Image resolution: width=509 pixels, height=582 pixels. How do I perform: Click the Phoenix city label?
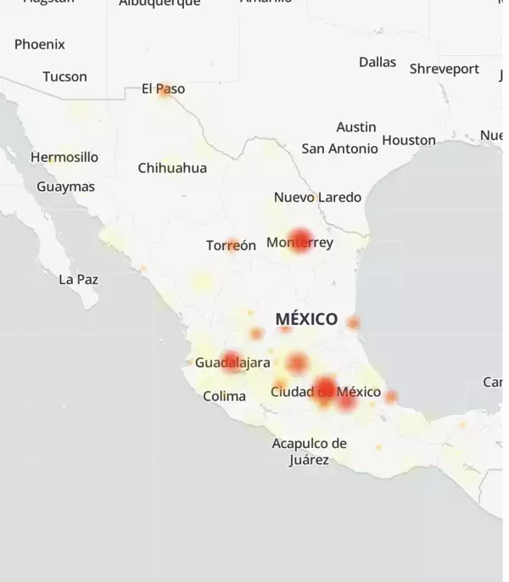[39, 44]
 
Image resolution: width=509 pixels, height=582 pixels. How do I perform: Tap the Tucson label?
[64, 76]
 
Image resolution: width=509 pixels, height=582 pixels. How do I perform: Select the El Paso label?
[164, 89]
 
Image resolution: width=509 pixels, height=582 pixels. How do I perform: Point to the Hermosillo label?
[64, 157]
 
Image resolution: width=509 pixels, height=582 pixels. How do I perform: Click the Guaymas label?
[65, 187]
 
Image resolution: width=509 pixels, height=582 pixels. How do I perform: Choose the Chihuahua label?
[172, 168]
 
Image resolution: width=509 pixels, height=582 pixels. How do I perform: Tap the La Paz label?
[78, 279]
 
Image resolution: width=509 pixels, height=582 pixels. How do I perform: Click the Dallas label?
[378, 62]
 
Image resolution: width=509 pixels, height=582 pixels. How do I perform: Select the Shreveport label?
[445, 69]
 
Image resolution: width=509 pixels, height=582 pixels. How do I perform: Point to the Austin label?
[356, 127]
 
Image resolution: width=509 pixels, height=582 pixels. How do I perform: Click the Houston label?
[409, 140]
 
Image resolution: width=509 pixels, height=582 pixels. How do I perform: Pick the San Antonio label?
[340, 148]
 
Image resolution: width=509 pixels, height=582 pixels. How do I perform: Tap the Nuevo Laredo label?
[317, 198]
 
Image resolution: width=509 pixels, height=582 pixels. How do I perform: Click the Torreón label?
[231, 246]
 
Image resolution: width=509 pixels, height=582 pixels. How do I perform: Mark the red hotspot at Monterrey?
[299, 240]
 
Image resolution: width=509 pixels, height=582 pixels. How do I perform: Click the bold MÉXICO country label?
[306, 320]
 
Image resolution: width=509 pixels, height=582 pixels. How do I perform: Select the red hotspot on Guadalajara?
[231, 362]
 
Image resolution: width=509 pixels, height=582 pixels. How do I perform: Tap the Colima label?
[224, 396]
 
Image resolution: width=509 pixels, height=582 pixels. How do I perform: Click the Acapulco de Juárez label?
[309, 451]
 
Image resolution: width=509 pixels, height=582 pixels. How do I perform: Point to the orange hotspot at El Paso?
[165, 92]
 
